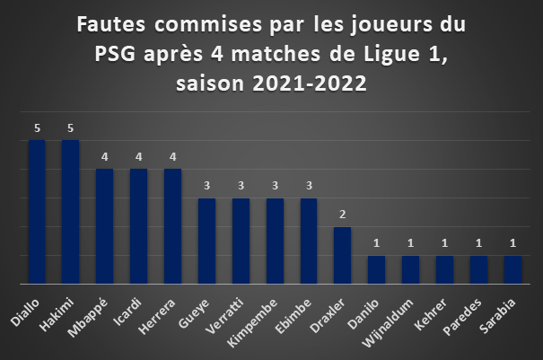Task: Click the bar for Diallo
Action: (37, 212)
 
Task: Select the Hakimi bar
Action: (71, 212)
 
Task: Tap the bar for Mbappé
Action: (105, 226)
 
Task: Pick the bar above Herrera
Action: (173, 226)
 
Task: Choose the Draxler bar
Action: (343, 256)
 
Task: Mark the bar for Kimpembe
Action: (275, 241)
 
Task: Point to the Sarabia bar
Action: (512, 270)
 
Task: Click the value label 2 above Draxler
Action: (343, 215)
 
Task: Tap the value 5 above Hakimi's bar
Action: (71, 128)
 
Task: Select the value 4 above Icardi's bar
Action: (138, 157)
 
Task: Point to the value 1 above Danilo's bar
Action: (376, 243)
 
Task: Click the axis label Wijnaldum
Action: (387, 323)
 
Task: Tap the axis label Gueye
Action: (194, 313)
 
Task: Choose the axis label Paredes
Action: (462, 317)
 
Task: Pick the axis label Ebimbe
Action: (293, 316)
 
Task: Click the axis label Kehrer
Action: (431, 314)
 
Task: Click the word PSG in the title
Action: (115, 55)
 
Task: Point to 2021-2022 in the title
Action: (310, 83)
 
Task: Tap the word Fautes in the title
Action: (110, 24)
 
